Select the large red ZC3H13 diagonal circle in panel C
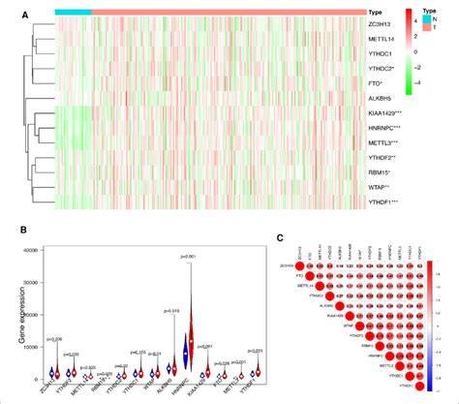click(x=300, y=266)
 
